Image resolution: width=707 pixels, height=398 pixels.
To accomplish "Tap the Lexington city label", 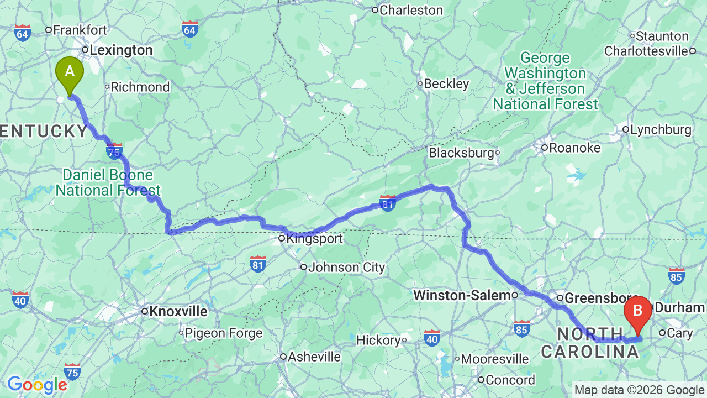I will pos(121,50).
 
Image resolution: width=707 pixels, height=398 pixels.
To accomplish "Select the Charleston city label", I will pos(411,10).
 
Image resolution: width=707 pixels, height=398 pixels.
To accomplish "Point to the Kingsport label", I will pos(314,239).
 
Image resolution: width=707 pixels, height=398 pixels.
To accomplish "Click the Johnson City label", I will pos(346,268).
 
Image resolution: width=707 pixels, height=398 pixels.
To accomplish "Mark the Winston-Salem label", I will pos(462,296).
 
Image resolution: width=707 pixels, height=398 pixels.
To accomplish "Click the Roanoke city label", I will pos(574,148).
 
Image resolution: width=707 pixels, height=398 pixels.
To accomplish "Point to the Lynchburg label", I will pos(661,130).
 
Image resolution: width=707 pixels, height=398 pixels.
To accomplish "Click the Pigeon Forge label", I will pos(223,333).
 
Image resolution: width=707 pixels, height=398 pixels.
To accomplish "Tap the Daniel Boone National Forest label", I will pos(108,183).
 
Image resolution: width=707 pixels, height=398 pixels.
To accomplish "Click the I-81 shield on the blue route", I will pos(388,203).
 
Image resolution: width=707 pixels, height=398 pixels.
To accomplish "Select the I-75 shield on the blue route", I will pos(114,151).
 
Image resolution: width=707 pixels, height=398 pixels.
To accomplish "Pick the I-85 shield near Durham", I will pos(676,276).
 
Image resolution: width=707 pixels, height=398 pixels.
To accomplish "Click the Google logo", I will pos(37,385).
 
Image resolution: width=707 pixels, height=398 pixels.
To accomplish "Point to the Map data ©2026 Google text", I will pos(639,390).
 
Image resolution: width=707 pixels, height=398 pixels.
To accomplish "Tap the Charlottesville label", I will pos(646,51).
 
